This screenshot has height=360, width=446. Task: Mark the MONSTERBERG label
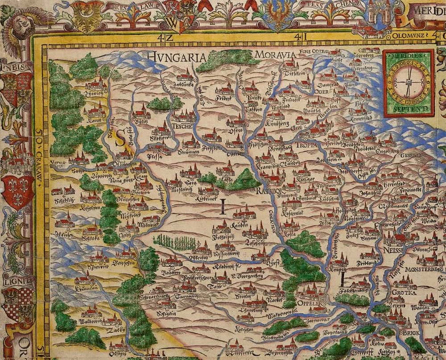click(422, 270)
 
